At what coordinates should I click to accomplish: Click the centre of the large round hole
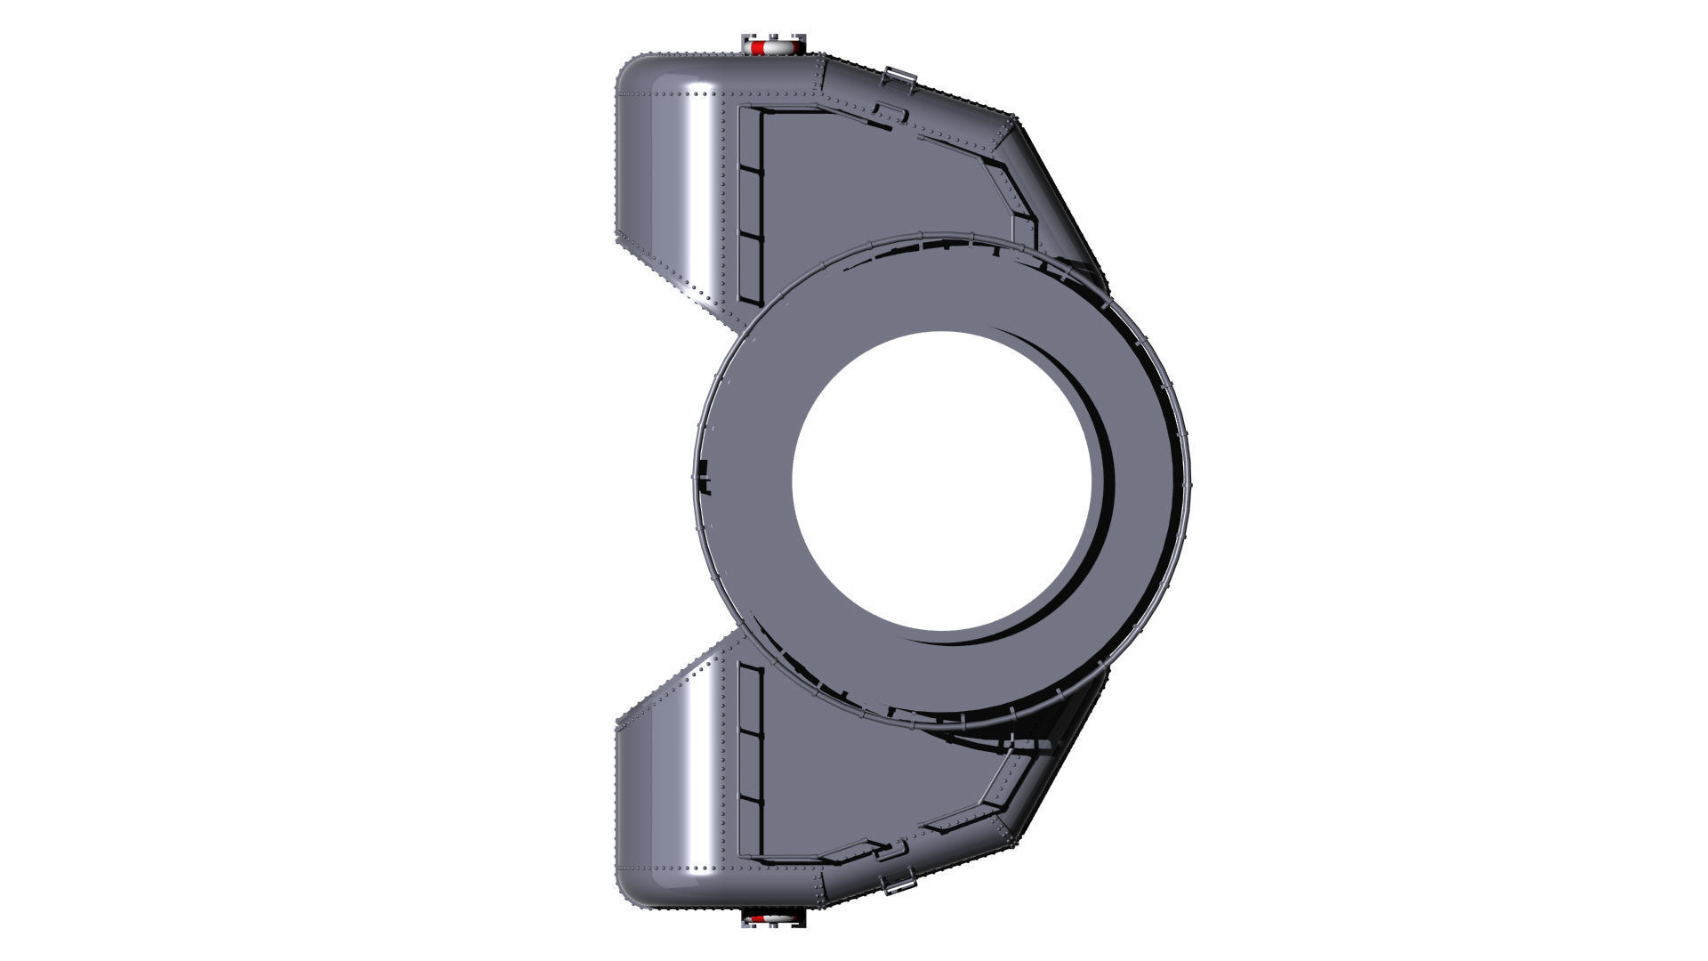tap(942, 481)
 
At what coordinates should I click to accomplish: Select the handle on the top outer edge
tap(899, 77)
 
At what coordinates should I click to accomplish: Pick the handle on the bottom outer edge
tap(899, 884)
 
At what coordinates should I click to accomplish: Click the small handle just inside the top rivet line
tap(888, 113)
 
